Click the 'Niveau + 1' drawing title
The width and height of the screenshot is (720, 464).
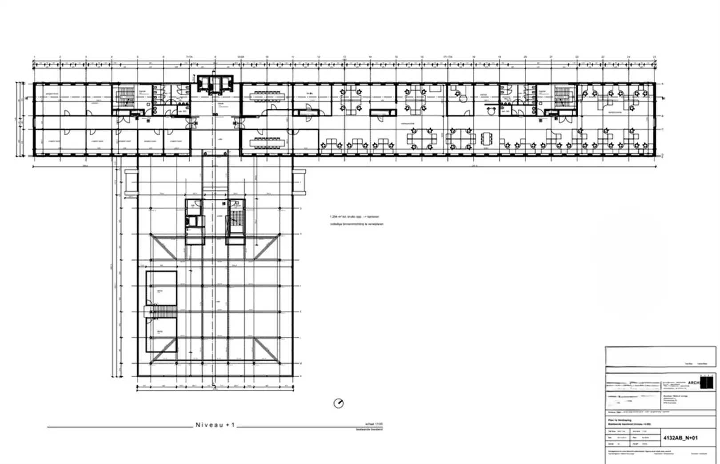pyautogui.click(x=215, y=425)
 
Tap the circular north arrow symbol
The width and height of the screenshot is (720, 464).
pyautogui.click(x=339, y=403)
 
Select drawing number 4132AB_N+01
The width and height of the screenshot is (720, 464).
pyautogui.click(x=680, y=438)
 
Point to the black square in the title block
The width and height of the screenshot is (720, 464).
pyautogui.click(x=707, y=383)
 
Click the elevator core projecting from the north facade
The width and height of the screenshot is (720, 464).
pyautogui.click(x=215, y=84)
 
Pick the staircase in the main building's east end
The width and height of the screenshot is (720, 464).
pyautogui.click(x=562, y=97)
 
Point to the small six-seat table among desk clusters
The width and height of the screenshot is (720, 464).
pyautogui.click(x=487, y=138)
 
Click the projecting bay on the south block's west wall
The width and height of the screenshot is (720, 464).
pyautogui.click(x=132, y=182)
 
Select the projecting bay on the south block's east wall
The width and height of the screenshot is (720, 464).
pyautogui.click(x=299, y=182)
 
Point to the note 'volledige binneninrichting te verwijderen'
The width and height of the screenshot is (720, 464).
pyautogui.click(x=356, y=224)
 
